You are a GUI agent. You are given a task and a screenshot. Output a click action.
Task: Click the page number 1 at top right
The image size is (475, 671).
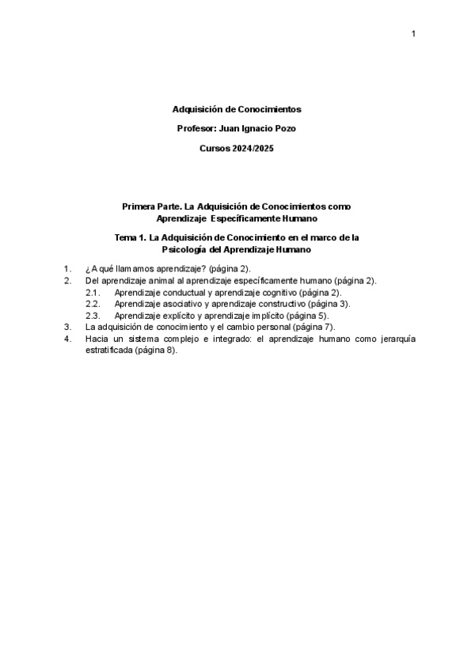[413, 33]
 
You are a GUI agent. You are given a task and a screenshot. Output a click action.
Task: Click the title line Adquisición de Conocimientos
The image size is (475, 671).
[237, 109]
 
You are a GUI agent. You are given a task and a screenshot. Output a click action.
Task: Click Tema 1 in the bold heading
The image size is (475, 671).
[130, 237]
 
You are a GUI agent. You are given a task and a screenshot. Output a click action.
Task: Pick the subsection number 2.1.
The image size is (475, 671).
[92, 292]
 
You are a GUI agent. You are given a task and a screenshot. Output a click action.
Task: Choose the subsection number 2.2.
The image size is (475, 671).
[92, 303]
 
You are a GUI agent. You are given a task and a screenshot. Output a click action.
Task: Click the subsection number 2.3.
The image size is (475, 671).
[92, 314]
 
